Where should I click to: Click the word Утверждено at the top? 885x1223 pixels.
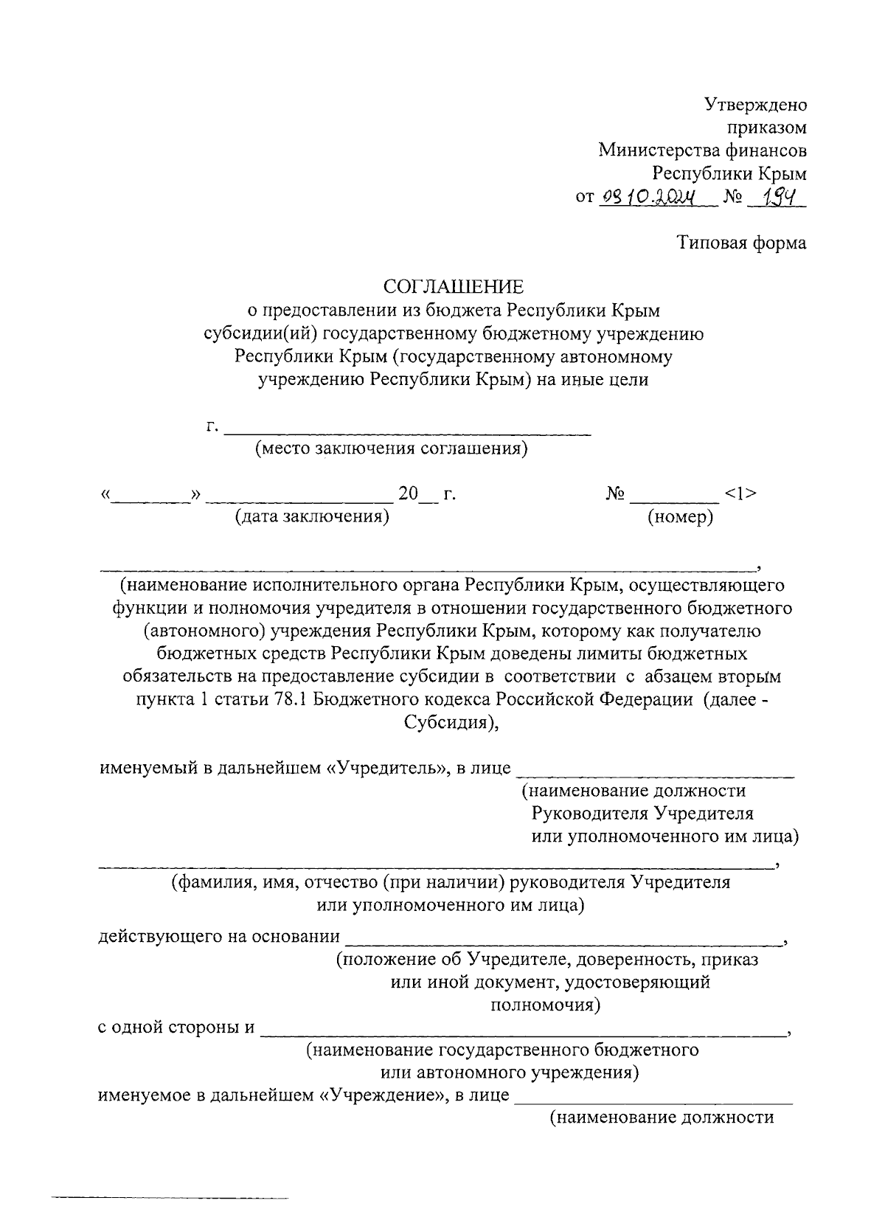(x=755, y=104)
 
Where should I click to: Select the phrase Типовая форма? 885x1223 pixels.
(x=742, y=243)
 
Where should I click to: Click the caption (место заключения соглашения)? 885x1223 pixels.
(x=391, y=449)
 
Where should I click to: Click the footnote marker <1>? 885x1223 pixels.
(x=740, y=493)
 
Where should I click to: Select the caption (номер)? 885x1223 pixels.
(x=680, y=516)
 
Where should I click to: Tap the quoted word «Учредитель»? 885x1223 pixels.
(x=388, y=768)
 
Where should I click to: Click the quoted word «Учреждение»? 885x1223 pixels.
(x=384, y=1095)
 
